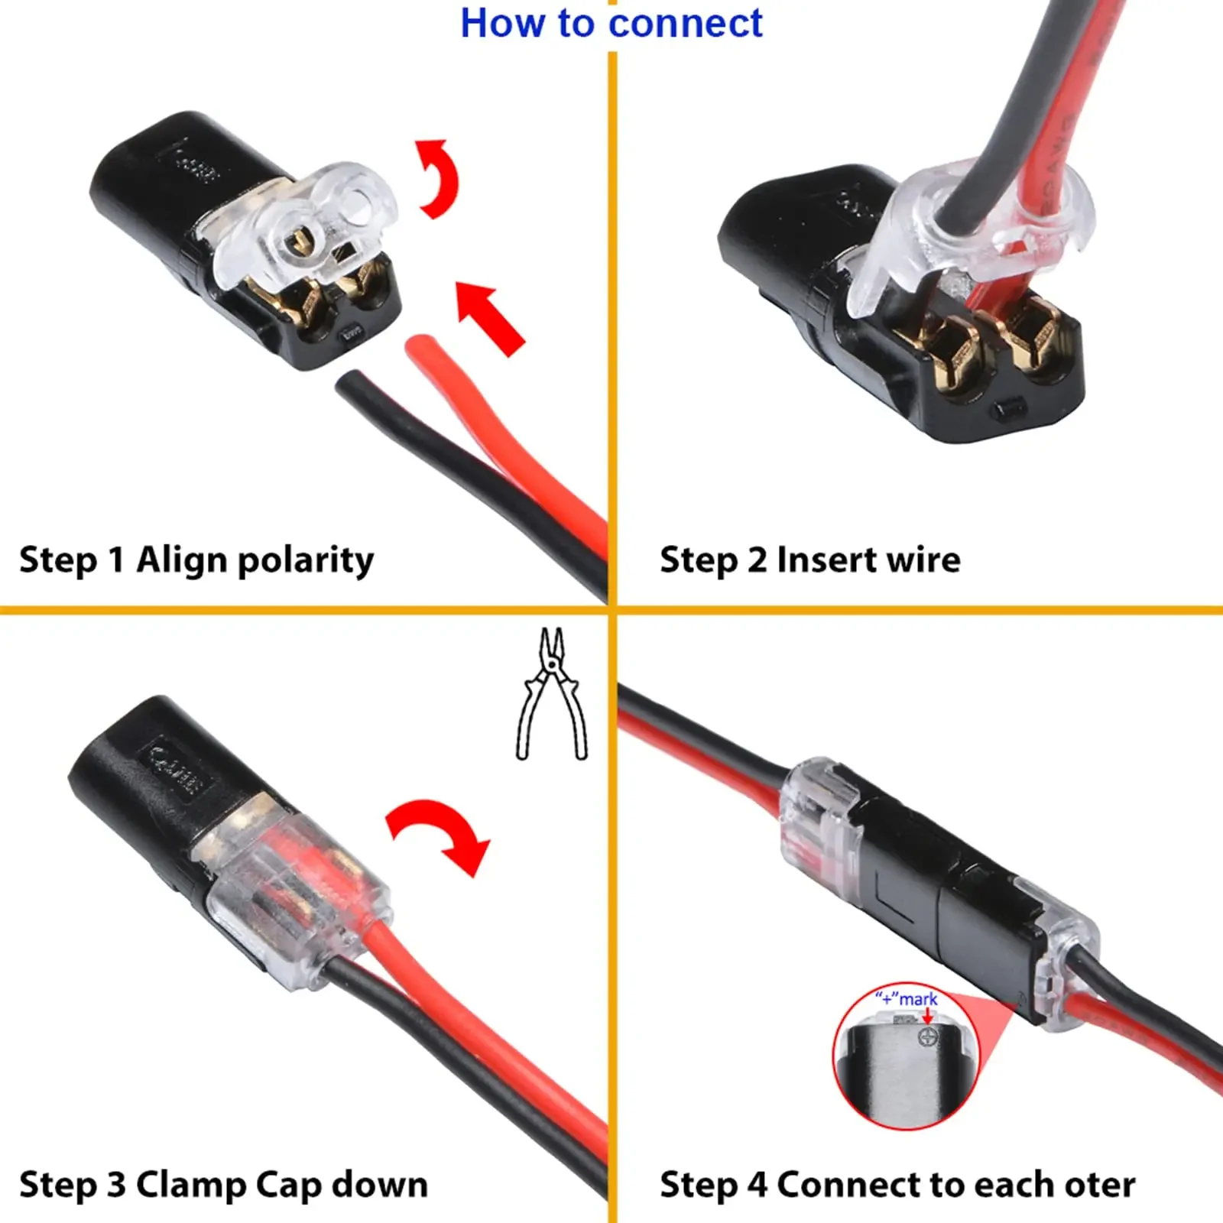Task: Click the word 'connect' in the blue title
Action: coord(686,24)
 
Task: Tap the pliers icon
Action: coord(552,694)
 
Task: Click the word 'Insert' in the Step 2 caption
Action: coord(835,560)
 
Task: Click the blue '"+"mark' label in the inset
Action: coord(907,999)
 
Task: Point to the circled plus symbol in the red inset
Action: coord(928,1037)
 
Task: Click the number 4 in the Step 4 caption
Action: coord(757,1186)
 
